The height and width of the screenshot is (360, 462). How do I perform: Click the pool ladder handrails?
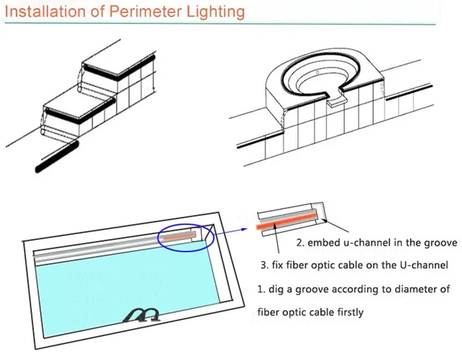click(141, 315)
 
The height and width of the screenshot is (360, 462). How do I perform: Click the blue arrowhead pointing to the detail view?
click(244, 229)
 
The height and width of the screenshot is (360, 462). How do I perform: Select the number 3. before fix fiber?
click(265, 265)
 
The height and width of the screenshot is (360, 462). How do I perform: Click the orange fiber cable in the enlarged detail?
click(286, 222)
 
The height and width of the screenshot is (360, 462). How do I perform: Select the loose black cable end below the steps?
click(57, 156)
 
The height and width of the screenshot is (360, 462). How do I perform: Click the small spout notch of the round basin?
click(335, 99)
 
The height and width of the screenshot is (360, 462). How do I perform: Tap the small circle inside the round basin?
click(318, 73)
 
